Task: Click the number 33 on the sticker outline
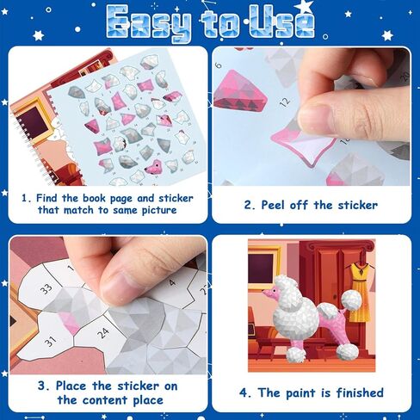pos(46,288)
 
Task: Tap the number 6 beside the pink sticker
pos(219,64)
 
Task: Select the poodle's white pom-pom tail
pos(351,300)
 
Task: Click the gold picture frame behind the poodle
pos(263,267)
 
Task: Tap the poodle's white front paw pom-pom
pos(296,355)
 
